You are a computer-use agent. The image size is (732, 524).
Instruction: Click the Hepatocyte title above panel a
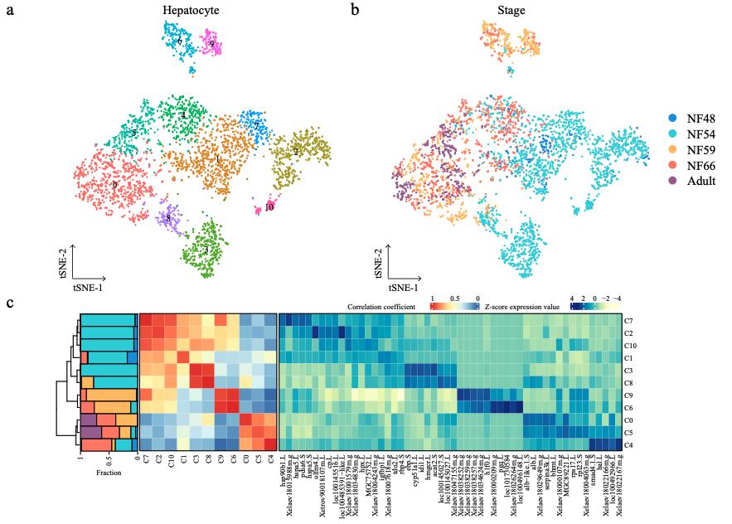187,11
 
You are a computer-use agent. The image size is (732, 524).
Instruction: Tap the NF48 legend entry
690,119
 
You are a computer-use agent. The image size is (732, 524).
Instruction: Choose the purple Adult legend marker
672,181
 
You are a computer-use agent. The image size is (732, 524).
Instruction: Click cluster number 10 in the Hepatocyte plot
269,207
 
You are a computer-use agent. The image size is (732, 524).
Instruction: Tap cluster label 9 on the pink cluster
212,43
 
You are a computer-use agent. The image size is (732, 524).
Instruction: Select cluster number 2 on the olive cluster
296,153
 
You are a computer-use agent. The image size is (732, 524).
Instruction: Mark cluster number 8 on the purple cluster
169,218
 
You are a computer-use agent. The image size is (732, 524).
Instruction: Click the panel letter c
10,303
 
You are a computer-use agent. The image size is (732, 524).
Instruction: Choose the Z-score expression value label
521,307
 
